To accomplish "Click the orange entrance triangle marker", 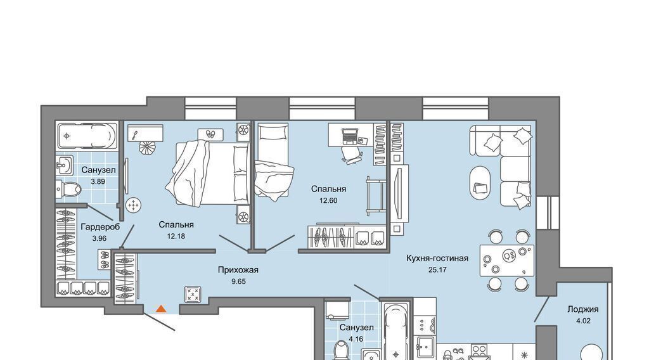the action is pos(161,308).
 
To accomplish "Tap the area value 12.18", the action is pos(176,236).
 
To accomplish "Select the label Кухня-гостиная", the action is pos(437,258).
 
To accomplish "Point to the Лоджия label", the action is pos(583,309).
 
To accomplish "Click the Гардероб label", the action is pos(100,227).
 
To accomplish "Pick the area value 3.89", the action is pos(98,181).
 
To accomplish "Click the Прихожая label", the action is pos(238,270).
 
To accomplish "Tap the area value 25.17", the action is pos(437,270).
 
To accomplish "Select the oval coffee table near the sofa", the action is pos(480,182).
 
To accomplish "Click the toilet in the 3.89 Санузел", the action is pos(68,189).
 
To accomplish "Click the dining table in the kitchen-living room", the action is pos(507,260).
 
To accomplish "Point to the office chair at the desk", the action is pos(352,154).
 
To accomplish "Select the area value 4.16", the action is pos(356,339).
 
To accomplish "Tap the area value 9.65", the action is pos(238,281).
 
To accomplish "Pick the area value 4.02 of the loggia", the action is pos(583,321).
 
